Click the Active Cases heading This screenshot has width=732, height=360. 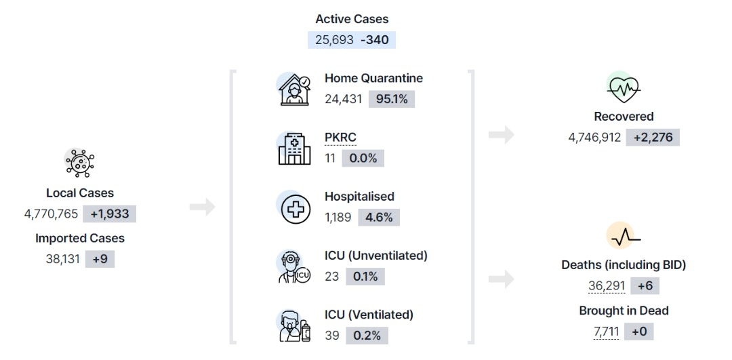[352, 19]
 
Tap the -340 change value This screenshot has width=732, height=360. [374, 40]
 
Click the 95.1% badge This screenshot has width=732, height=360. [391, 99]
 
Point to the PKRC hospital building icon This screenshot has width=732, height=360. [294, 148]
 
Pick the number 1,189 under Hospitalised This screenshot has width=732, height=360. [338, 218]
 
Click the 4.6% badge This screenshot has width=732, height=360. [379, 218]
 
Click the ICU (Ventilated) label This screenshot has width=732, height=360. [369, 315]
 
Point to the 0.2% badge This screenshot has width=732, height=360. [367, 336]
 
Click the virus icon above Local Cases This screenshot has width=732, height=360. [80, 163]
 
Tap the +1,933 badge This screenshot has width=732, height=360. [109, 214]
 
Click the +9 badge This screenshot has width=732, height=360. [100, 259]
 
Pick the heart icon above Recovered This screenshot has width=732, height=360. [624, 87]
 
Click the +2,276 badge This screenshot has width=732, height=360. [653, 138]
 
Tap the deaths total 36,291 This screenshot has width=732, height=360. [607, 285]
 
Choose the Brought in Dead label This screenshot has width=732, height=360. [624, 311]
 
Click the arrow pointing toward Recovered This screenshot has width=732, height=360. [502, 135]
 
